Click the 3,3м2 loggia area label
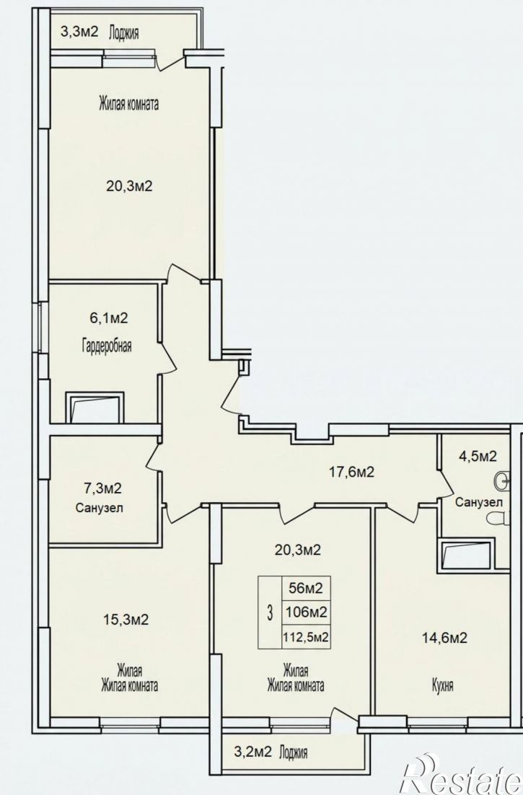click(79, 32)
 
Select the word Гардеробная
click(107, 346)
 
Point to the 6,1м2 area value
click(108, 318)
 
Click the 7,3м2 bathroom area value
click(102, 489)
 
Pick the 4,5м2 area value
click(478, 457)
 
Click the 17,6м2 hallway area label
click(351, 472)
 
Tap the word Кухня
click(442, 686)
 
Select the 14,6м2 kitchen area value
click(444, 638)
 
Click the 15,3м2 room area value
click(126, 620)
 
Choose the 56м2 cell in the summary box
click(306, 589)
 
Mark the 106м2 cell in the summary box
click(306, 612)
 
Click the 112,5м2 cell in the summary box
click(306, 637)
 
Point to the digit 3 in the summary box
click(270, 613)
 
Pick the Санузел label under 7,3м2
click(100, 508)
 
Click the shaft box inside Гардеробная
click(95, 407)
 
